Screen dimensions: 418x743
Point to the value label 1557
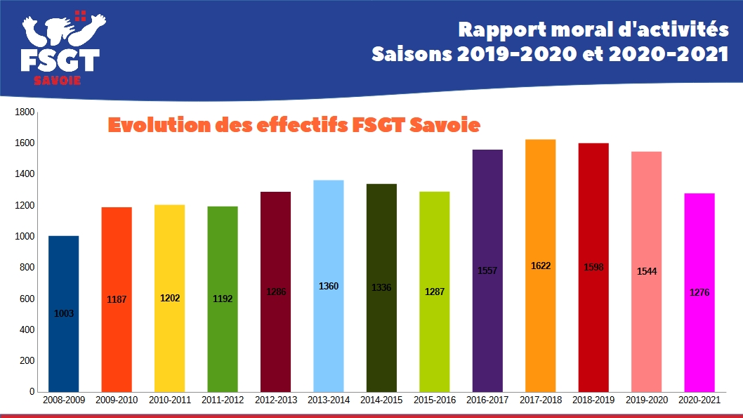tap(487, 270)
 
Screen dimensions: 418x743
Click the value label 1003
tap(63, 314)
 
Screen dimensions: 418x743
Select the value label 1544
tap(646, 271)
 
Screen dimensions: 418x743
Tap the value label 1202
tap(170, 299)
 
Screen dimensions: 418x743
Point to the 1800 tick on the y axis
tap(25, 112)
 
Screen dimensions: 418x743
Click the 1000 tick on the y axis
tap(25, 237)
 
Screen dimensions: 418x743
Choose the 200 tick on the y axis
tap(27, 360)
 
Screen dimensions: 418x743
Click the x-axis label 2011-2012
tap(223, 400)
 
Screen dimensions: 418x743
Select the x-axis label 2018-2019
tap(593, 400)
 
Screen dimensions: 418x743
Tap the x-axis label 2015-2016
tap(434, 400)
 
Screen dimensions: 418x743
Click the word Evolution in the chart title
tap(151, 126)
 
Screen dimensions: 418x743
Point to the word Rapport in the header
tap(492, 30)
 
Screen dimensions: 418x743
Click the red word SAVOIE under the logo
tap(58, 80)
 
